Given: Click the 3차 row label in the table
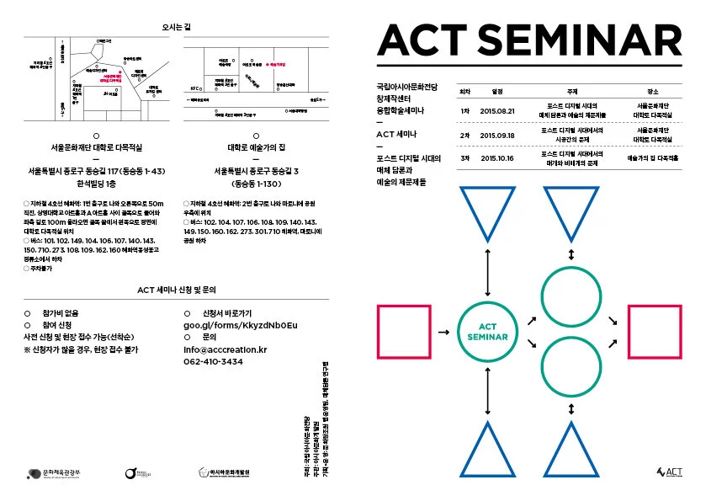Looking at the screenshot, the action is (464, 157).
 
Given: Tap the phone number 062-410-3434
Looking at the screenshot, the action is (213, 361).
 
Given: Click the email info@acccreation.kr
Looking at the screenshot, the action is (225, 349).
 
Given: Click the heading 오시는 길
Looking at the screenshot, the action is (177, 27).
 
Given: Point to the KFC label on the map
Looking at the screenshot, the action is (195, 87).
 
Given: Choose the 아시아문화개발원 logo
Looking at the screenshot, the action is (226, 475).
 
